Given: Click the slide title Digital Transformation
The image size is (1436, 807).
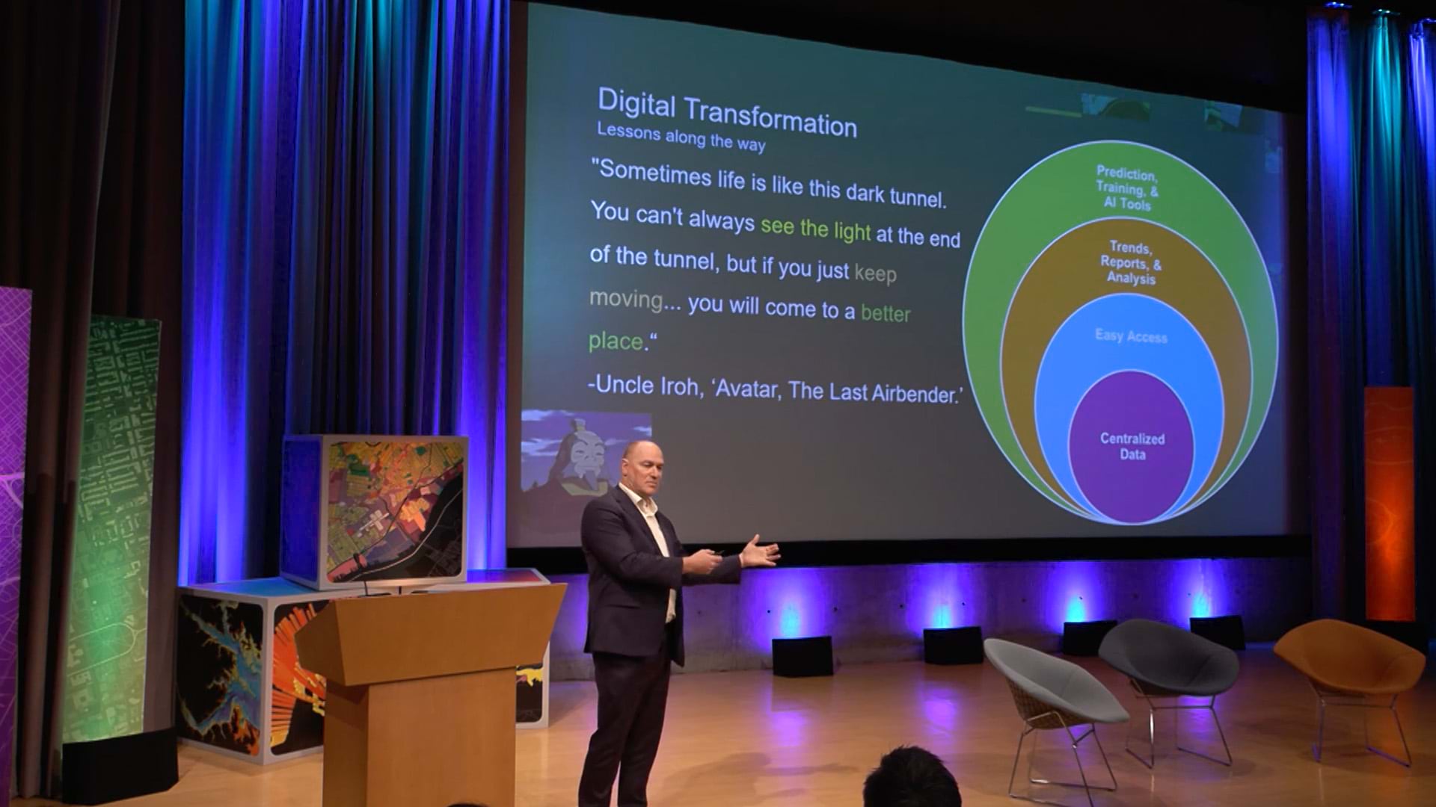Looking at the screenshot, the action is coord(727,114).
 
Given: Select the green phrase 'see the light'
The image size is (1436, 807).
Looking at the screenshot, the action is coord(816,228).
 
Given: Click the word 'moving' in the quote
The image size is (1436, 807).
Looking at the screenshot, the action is coord(627,300).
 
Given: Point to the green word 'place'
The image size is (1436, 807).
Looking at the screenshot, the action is coord(616,341).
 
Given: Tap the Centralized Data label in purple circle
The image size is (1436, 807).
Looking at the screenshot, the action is coord(1132,446).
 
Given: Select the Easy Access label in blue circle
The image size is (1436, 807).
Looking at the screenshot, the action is coord(1131,336).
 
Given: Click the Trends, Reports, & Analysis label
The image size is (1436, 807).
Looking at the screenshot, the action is coord(1131,262).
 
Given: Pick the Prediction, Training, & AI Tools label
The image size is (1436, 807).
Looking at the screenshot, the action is coord(1126,188).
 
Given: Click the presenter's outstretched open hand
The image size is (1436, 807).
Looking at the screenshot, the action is coord(759,554).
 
